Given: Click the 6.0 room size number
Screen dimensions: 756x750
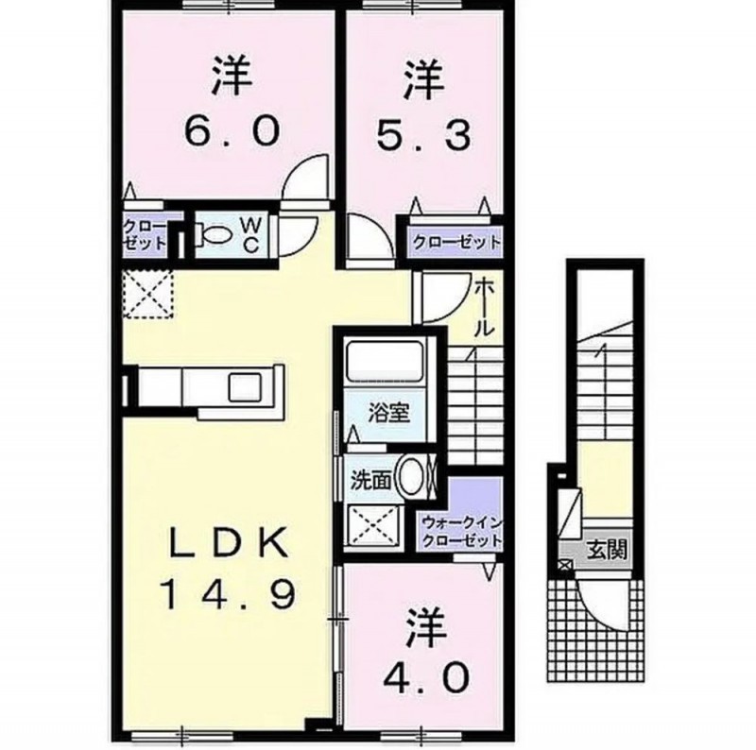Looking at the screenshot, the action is pyautogui.click(x=232, y=130).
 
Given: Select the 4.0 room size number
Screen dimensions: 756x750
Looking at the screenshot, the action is pyautogui.click(x=426, y=676).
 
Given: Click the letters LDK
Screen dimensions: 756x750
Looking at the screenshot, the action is pyautogui.click(x=228, y=545).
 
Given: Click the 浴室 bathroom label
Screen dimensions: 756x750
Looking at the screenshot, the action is pyautogui.click(x=389, y=413).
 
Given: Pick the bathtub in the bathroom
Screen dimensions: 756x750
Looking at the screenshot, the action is pyautogui.click(x=386, y=360).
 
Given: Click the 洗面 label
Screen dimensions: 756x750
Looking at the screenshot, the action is pyautogui.click(x=370, y=482).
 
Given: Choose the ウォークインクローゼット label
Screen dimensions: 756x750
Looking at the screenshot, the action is pyautogui.click(x=461, y=531).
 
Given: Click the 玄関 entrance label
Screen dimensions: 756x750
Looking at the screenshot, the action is pyautogui.click(x=607, y=549).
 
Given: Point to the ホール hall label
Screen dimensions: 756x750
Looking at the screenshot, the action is pyautogui.click(x=485, y=308).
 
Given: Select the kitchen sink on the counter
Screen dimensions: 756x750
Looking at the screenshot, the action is pyautogui.click(x=246, y=386).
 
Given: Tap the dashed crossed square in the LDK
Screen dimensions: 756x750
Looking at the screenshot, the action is pyautogui.click(x=148, y=294).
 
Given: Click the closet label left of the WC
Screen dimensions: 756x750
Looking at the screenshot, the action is pyautogui.click(x=145, y=234).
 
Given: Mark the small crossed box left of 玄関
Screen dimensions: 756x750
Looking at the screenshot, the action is pyautogui.click(x=563, y=565).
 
